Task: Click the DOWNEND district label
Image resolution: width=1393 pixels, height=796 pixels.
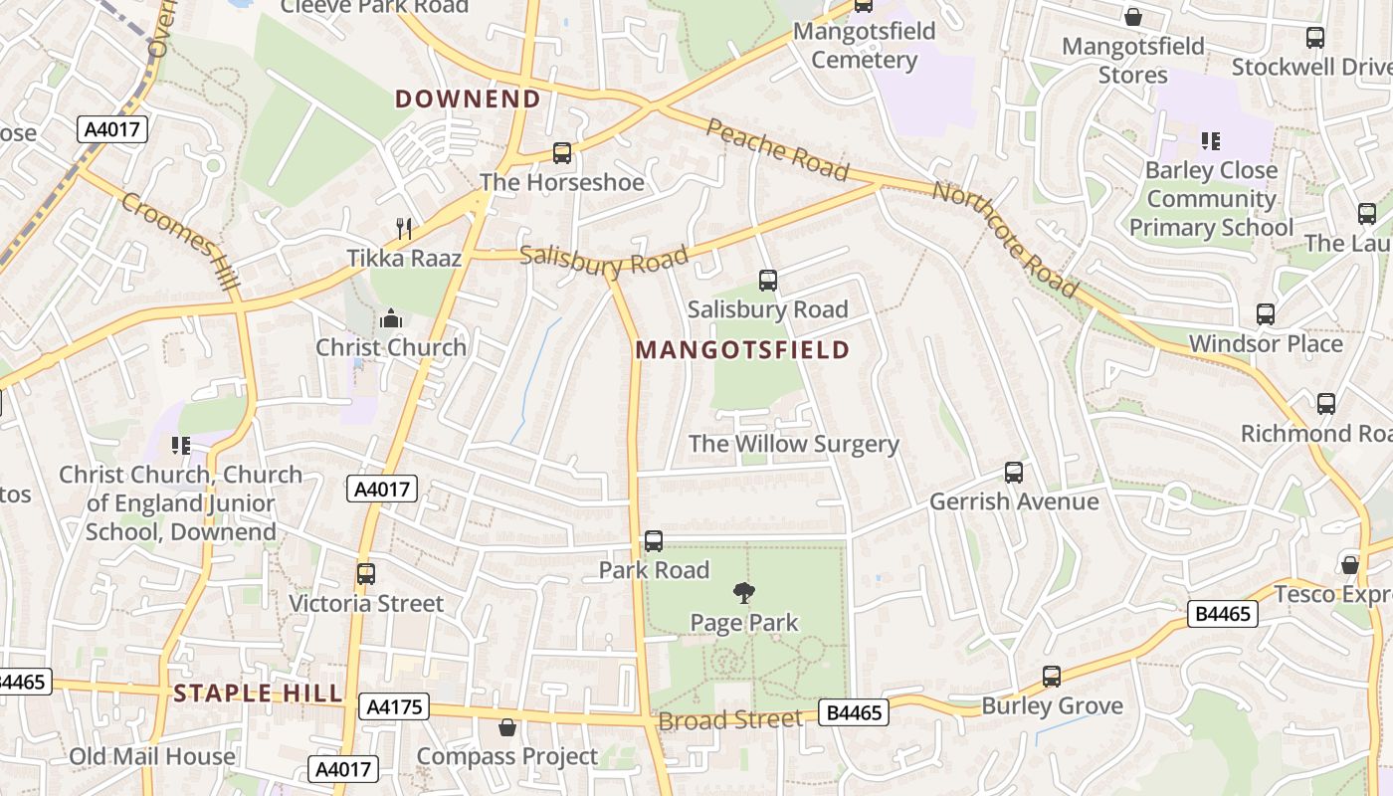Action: (468, 99)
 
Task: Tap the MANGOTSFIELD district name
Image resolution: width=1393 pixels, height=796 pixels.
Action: (742, 349)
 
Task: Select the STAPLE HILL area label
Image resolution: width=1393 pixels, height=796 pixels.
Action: (258, 694)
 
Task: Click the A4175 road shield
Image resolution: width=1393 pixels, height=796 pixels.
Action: (395, 707)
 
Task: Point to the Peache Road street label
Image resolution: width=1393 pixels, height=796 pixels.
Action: (777, 149)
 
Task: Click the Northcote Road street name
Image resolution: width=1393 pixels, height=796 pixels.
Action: (1005, 239)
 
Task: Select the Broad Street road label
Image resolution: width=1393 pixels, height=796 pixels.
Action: (730, 719)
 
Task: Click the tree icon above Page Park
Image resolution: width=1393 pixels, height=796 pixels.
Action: (743, 594)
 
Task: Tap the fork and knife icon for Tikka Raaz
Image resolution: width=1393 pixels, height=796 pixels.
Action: (404, 229)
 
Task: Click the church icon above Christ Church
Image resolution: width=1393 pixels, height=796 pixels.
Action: (391, 319)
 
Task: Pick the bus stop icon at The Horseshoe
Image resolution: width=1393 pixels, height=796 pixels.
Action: (562, 153)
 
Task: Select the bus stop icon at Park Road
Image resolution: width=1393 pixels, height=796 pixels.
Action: (654, 541)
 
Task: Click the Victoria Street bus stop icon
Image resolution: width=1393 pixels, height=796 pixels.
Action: (366, 574)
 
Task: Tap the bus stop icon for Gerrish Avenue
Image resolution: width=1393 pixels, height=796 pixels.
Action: (1014, 473)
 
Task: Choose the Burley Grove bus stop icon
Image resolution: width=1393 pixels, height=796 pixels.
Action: (1052, 677)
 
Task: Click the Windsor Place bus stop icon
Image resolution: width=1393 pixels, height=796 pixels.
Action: (1266, 314)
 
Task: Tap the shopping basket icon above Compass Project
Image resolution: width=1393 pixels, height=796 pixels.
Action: (507, 728)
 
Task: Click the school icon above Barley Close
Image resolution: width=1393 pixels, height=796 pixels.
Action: (1210, 141)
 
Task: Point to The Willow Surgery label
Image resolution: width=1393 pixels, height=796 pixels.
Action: (793, 444)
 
